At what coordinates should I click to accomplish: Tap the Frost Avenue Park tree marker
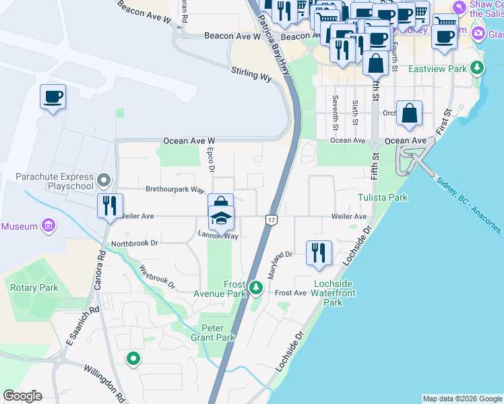(x=255, y=288)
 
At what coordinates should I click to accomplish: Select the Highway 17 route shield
(x=272, y=220)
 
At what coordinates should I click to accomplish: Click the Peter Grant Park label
(x=213, y=333)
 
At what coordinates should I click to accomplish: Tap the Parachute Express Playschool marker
(x=104, y=180)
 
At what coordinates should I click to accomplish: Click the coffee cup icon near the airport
(x=53, y=98)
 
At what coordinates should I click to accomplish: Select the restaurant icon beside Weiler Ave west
(x=110, y=205)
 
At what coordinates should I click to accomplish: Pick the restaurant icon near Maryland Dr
(x=319, y=252)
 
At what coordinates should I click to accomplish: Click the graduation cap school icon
(x=220, y=217)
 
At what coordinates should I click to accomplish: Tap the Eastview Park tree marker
(x=478, y=68)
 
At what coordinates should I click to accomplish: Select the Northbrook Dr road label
(x=134, y=243)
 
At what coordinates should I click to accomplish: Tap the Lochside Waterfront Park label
(x=333, y=293)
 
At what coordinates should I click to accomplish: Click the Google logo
(x=22, y=396)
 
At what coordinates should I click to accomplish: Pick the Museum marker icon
(x=48, y=226)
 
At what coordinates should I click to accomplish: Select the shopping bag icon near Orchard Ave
(x=409, y=114)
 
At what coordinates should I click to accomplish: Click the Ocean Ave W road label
(x=189, y=141)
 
